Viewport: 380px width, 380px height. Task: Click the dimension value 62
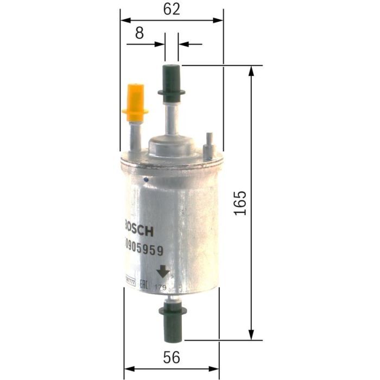point(171,9)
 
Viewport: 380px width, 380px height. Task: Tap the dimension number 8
point(139,33)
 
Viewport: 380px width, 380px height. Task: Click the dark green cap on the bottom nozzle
point(172,319)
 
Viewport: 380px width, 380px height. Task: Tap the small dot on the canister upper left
point(145,178)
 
